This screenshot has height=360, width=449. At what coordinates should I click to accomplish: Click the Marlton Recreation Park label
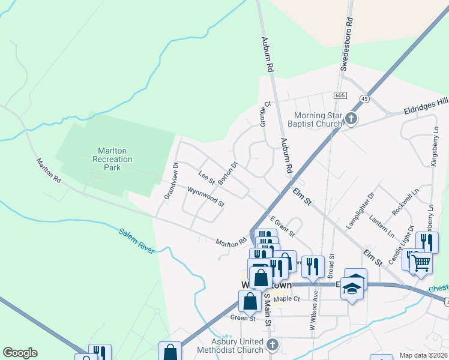coord(112,159)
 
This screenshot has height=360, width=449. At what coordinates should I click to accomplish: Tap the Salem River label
coord(136,241)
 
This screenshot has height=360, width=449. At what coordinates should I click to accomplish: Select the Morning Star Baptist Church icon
coord(351,119)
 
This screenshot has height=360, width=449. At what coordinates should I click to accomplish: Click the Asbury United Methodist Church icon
coord(273,345)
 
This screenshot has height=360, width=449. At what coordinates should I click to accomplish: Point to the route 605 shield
coord(340,96)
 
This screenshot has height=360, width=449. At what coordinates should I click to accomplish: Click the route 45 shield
coord(364,98)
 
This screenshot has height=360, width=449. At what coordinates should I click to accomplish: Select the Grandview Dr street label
coord(171,181)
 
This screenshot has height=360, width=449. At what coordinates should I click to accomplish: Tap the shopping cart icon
coord(421,262)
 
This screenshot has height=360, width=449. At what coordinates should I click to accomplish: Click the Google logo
coord(20,353)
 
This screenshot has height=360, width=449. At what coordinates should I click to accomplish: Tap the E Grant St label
coord(282,227)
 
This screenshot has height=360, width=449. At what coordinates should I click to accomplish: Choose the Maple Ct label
coord(286,299)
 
